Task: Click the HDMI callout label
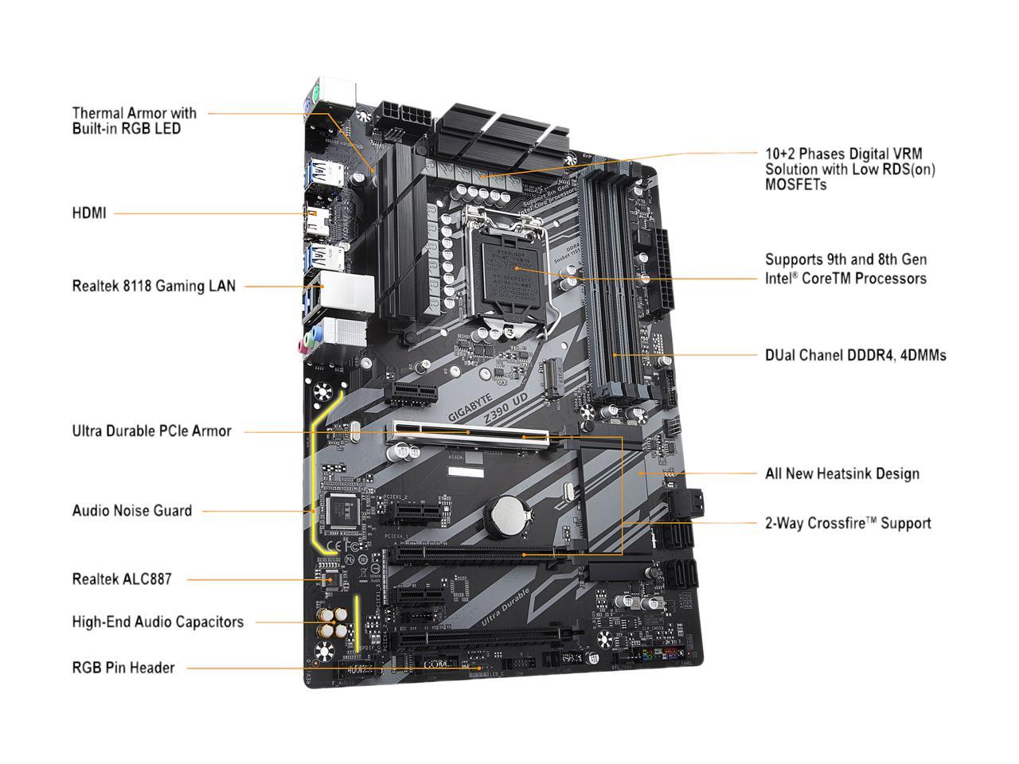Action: click(x=88, y=213)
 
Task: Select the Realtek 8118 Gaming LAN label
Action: click(x=154, y=286)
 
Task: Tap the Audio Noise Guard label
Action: click(x=132, y=511)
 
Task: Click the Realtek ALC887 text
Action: click(x=122, y=579)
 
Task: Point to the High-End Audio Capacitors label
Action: click(x=158, y=622)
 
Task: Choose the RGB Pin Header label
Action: click(x=123, y=668)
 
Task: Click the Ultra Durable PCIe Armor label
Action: click(x=151, y=431)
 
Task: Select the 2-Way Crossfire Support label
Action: click(x=848, y=524)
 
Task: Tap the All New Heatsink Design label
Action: click(x=842, y=474)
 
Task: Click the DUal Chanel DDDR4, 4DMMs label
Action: click(x=856, y=355)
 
